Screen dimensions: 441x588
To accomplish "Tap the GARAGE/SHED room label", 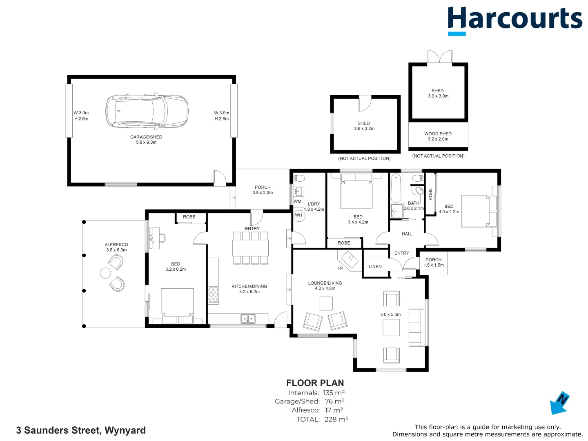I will click(146, 137).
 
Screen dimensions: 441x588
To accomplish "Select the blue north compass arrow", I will click(559, 403).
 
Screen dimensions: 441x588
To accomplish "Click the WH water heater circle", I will click(299, 215).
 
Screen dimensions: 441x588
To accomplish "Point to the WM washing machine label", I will click(298, 201).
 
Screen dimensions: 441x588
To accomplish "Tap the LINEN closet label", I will click(375, 267).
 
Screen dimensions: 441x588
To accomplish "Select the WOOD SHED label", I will click(438, 134).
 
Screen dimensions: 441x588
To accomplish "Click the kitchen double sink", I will click(248, 318).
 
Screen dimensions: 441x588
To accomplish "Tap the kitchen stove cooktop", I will click(213, 295).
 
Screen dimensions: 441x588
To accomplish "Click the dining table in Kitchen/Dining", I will click(250, 248).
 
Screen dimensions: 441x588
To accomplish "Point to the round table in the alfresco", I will click(105, 273).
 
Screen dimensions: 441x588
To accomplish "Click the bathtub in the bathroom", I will click(396, 189).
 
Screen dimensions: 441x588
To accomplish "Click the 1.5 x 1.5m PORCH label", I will click(433, 262).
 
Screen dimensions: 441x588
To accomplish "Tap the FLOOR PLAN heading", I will click(315, 383).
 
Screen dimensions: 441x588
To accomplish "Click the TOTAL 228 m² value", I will click(336, 419).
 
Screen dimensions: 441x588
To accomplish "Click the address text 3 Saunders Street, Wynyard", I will click(81, 430).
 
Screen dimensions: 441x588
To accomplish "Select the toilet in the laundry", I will click(299, 178).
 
